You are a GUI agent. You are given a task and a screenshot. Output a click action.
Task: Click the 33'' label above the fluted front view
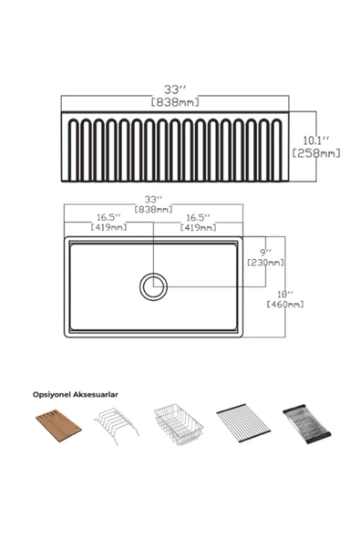pyautogui.click(x=175, y=89)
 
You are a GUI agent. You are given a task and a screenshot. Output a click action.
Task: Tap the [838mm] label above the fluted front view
pyautogui.click(x=175, y=102)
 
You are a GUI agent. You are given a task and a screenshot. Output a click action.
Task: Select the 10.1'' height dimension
pyautogui.click(x=316, y=140)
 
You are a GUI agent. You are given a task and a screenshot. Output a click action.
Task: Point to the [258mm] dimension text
pyautogui.click(x=316, y=153)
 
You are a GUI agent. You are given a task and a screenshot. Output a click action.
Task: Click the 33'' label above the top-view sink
pyautogui.click(x=153, y=200)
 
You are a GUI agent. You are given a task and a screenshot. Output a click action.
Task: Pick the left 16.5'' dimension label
pyautogui.click(x=108, y=218)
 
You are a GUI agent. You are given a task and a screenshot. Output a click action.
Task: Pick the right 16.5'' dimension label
pyautogui.click(x=198, y=218)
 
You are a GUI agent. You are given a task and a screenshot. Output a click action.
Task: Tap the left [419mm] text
pyautogui.click(x=108, y=227)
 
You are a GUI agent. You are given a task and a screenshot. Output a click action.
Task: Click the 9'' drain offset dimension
pyautogui.click(x=266, y=253)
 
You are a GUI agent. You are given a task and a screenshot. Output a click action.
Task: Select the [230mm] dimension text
pyautogui.click(x=266, y=263)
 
